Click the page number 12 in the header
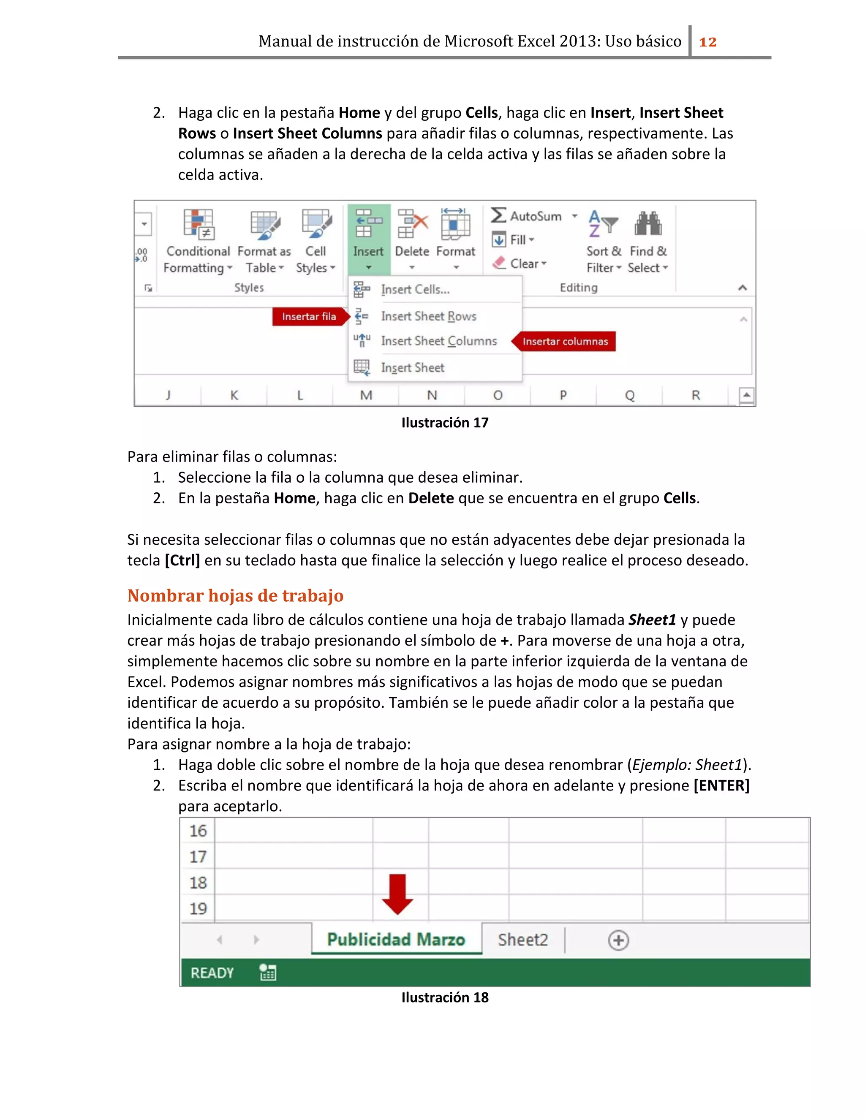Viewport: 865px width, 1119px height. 708,41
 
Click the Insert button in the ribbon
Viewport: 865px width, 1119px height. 368,238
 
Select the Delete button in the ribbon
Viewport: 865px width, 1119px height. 412,238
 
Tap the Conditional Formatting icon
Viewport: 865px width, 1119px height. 199,224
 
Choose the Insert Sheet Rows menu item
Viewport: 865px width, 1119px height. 428,316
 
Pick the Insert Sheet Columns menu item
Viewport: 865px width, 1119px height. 439,341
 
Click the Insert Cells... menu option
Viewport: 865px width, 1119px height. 415,290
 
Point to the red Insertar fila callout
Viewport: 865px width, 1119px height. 309,317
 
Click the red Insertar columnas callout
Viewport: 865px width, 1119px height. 565,341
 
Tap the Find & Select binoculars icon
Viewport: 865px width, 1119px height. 648,224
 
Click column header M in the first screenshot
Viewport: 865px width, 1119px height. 366,395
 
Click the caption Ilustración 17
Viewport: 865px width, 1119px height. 445,423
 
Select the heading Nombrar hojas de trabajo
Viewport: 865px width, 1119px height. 235,595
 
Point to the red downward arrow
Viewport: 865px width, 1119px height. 397,894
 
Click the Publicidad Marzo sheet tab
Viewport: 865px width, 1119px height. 396,939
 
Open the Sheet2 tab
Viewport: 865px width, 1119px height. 523,940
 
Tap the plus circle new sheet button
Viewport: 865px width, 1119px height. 618,940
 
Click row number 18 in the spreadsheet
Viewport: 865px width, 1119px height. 198,883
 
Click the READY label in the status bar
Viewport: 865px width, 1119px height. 212,972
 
